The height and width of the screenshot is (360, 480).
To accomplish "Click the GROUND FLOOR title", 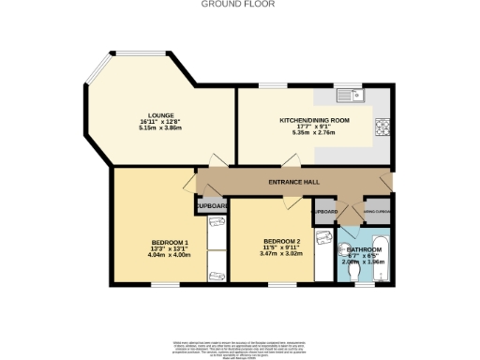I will point(239,4).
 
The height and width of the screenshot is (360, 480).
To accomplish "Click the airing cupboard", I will point(379,212).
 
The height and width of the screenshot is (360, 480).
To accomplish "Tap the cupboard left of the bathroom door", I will point(325,212).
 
